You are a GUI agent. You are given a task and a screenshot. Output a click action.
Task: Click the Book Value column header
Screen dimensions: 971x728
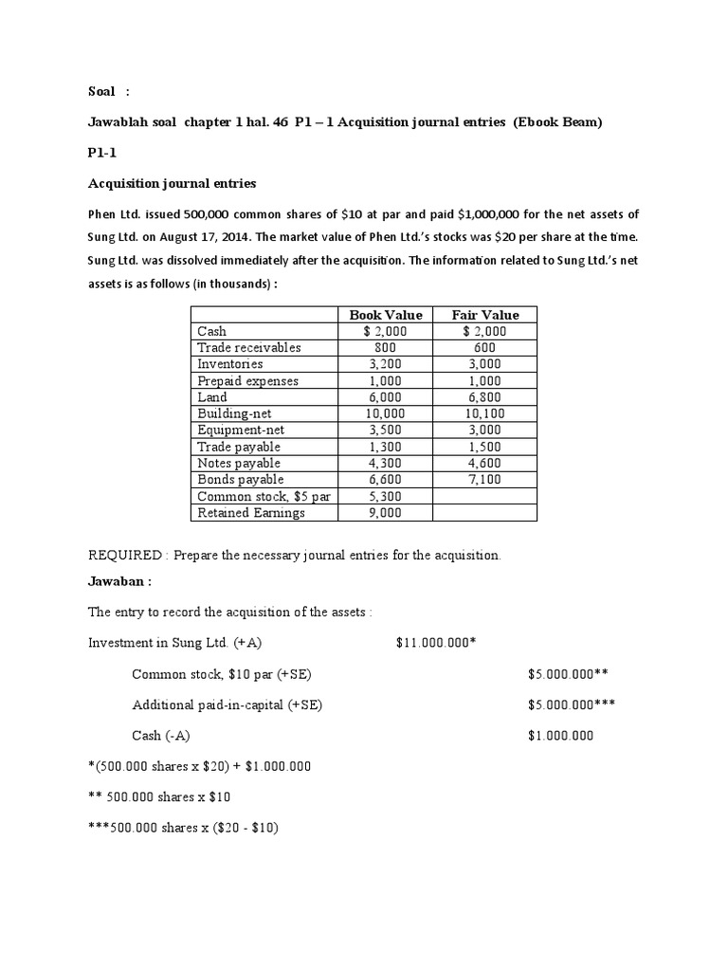click(386, 315)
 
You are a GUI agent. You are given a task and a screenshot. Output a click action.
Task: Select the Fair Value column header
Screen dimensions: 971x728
click(485, 315)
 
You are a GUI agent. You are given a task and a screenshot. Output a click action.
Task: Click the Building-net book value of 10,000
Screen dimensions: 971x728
click(385, 413)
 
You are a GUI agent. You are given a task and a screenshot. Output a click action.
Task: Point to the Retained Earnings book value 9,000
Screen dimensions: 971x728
click(385, 513)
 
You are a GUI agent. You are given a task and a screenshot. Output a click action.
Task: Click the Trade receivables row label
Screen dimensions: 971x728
click(248, 348)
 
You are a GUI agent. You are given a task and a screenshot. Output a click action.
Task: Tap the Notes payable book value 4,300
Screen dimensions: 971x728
click(385, 463)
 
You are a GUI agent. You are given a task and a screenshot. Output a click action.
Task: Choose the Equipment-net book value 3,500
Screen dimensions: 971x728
click(385, 431)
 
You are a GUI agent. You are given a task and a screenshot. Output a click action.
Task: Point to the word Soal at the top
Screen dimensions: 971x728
click(101, 91)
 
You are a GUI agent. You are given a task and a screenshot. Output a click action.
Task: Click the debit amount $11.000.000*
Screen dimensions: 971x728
click(435, 643)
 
